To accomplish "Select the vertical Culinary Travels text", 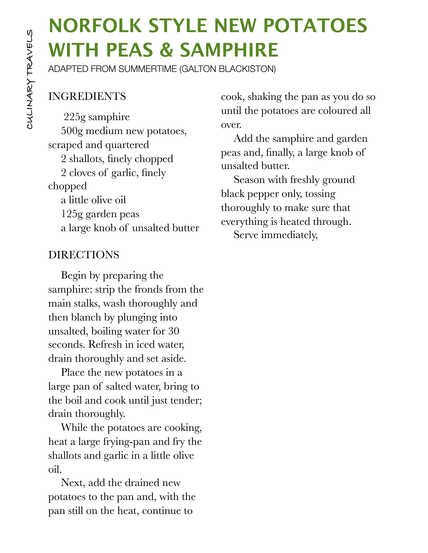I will tap(30, 79).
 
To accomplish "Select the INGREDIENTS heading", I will tap(87, 96).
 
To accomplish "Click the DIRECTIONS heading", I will tap(84, 255).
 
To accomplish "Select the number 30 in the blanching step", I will tap(174, 331).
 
